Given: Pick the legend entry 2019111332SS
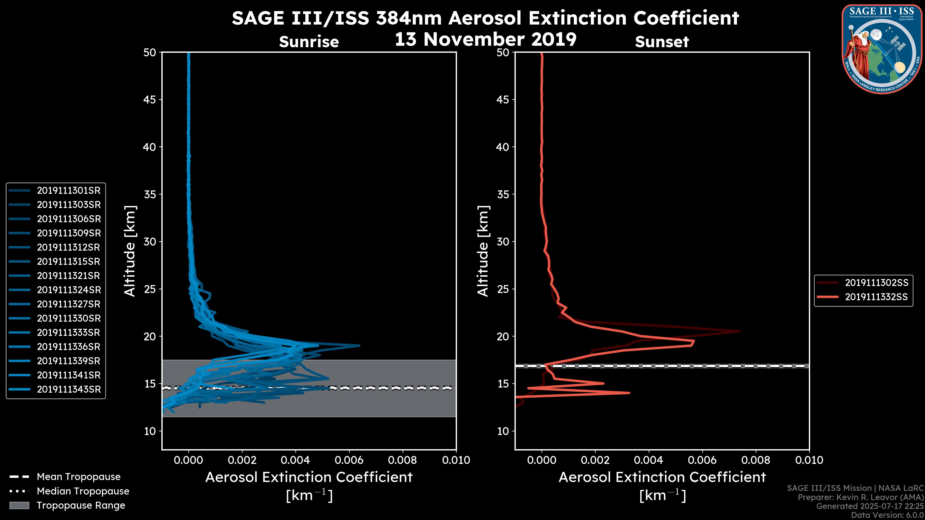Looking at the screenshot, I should click(x=876, y=297).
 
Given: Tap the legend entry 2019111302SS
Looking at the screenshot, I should click(x=876, y=283).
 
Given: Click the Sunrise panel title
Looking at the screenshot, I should click(x=309, y=42).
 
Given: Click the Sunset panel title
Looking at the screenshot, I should click(x=662, y=42).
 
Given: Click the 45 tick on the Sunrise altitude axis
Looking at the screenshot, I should click(x=150, y=100).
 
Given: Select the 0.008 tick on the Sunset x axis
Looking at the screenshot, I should click(x=756, y=460).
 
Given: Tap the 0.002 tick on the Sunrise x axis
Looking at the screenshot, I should click(x=242, y=460).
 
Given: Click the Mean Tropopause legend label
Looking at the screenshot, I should click(x=79, y=477).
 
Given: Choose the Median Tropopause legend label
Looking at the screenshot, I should click(x=83, y=491).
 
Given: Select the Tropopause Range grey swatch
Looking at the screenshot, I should click(x=19, y=506).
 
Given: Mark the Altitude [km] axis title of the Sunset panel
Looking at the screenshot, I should click(x=483, y=251).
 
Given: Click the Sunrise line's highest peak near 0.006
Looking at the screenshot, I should click(x=359, y=346).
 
